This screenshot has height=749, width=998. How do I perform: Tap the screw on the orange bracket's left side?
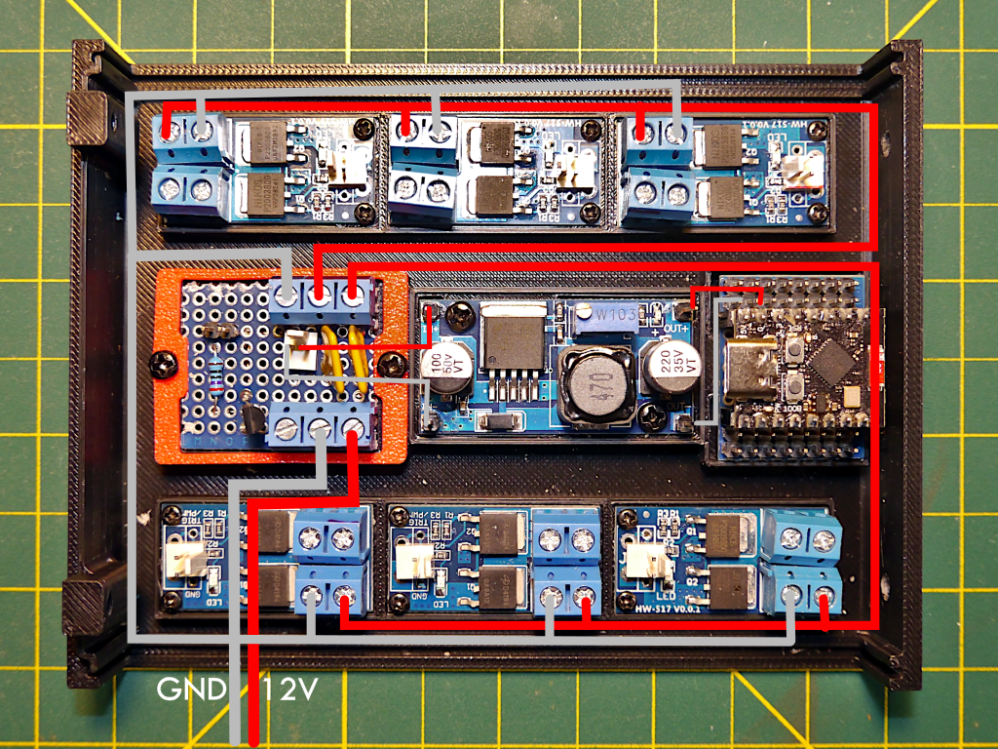click(162, 365)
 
